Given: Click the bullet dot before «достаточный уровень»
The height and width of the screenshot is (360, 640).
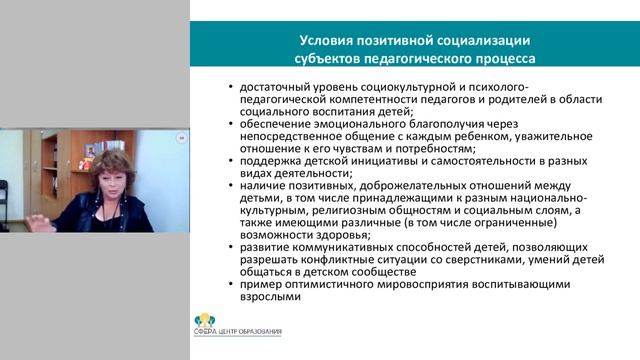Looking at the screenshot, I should (x=231, y=89).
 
